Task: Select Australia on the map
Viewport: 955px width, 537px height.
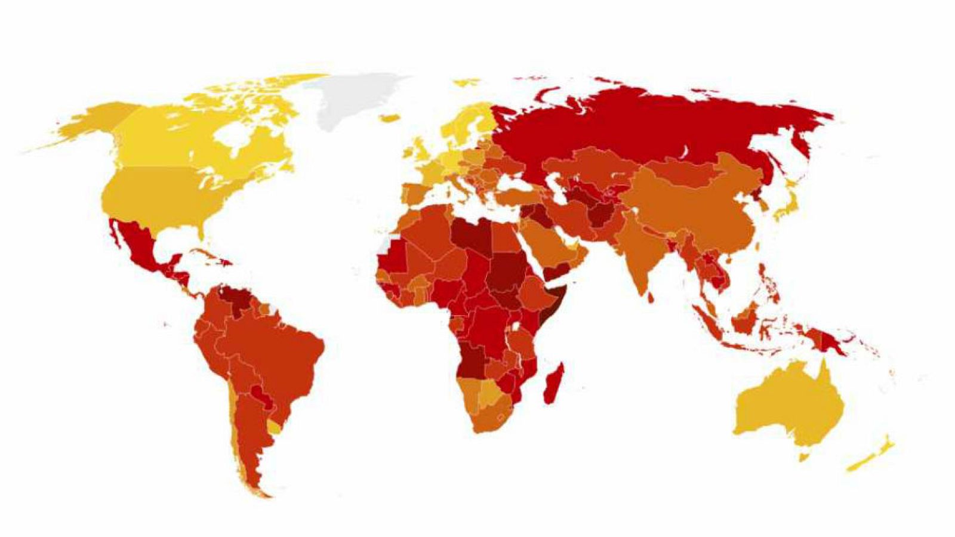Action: coord(788,406)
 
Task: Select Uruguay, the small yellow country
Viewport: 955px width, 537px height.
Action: coord(274,427)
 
